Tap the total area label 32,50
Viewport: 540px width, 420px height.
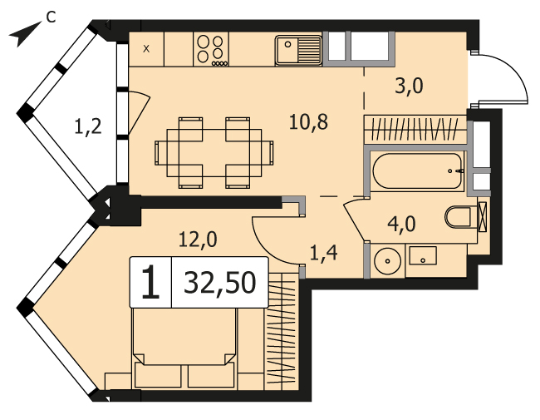click(219, 283)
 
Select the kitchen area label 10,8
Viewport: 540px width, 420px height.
click(308, 121)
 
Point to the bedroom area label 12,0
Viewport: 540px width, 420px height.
click(198, 239)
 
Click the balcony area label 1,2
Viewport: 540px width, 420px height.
click(88, 126)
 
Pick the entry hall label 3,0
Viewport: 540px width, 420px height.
click(409, 86)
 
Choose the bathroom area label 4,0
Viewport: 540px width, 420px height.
click(401, 224)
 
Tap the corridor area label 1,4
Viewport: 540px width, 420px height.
click(324, 254)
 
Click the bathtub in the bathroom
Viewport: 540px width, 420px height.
click(418, 170)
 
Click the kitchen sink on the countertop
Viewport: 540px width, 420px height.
click(298, 50)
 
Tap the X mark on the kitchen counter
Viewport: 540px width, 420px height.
click(146, 49)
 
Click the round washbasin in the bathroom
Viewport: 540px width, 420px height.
click(388, 261)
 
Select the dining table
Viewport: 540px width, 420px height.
click(214, 153)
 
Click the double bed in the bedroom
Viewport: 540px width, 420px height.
click(184, 348)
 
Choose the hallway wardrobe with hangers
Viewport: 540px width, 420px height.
click(415, 129)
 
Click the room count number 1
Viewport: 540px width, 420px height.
click(150, 283)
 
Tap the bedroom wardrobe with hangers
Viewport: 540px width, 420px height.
click(282, 331)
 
